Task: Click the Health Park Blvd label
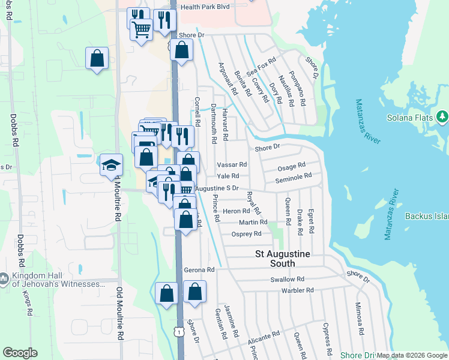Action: (206, 7)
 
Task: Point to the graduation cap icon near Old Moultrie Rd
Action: (111, 165)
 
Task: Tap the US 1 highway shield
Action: (178, 331)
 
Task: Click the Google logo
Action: (20, 353)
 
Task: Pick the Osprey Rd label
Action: (247, 234)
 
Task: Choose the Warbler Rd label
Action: (297, 290)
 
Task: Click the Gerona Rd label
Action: (199, 270)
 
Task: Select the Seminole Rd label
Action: (294, 177)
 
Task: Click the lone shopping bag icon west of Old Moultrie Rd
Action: (97, 59)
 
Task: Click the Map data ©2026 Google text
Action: (412, 355)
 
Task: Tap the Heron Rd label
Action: (236, 211)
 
